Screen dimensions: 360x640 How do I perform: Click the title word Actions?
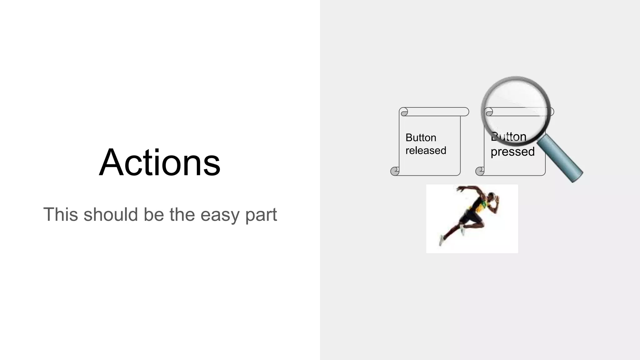point(160,162)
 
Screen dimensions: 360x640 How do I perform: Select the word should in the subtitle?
point(111,215)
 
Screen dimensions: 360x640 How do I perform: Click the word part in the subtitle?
point(261,215)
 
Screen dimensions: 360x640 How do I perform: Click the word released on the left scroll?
point(426,151)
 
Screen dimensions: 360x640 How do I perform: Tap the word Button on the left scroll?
point(421,138)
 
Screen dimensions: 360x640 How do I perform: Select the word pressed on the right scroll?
point(512,152)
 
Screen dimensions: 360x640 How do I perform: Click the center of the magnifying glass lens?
point(516,111)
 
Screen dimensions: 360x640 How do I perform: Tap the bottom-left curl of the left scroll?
point(395,171)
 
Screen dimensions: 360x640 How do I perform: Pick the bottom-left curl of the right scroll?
point(480,171)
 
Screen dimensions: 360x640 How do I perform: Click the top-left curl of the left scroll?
point(404,112)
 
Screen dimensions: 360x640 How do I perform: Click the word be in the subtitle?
point(153,215)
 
